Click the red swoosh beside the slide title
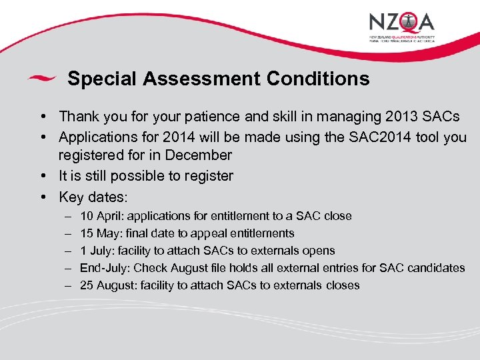click(41, 79)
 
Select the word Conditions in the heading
click(318, 79)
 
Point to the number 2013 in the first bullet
click(402, 117)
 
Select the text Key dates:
click(93, 197)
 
